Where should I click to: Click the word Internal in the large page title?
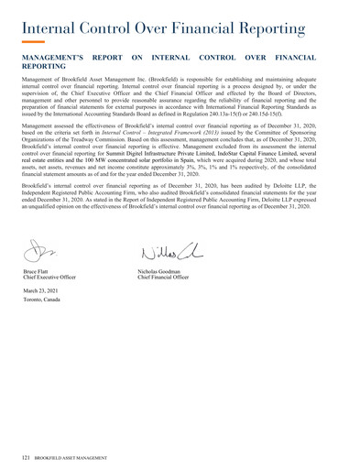[x=49, y=19]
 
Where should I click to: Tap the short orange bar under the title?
[x=32, y=42]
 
